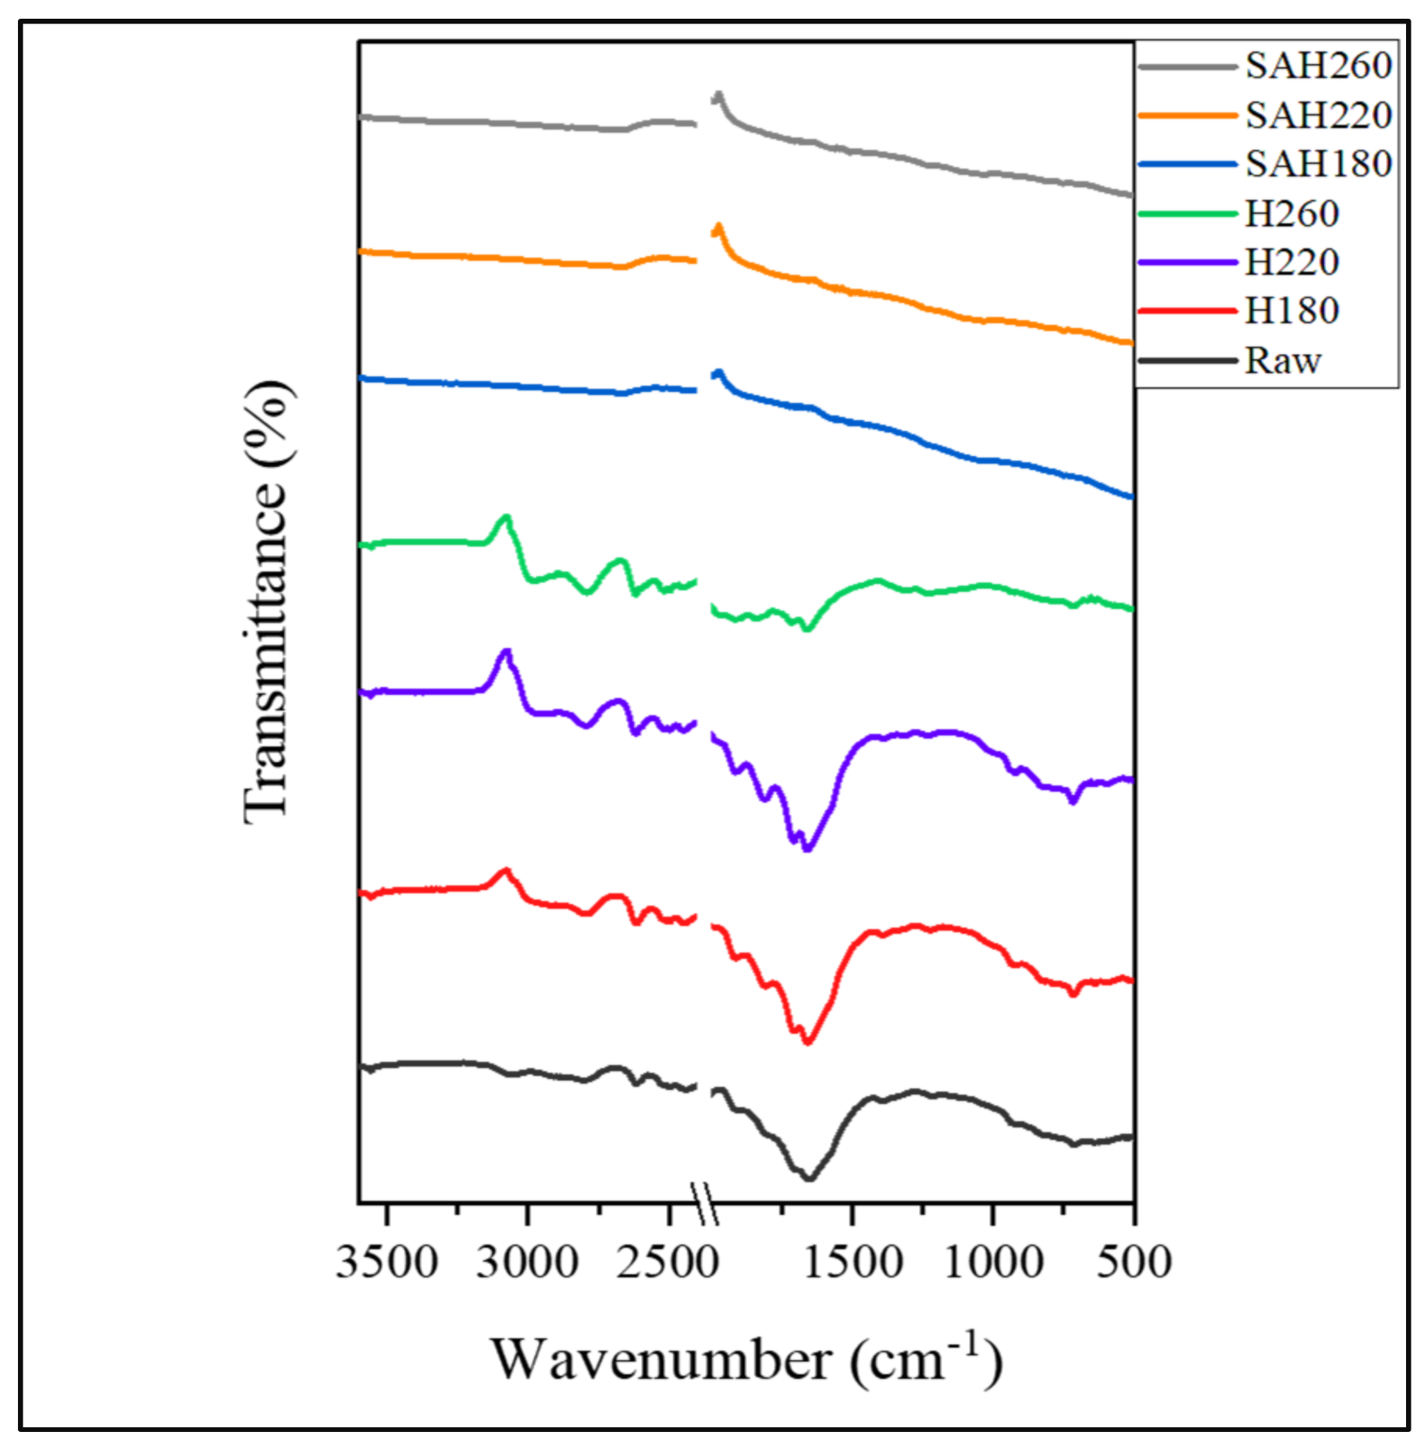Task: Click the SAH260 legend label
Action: click(x=1318, y=66)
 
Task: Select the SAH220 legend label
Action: click(x=1318, y=116)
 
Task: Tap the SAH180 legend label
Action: click(x=1318, y=164)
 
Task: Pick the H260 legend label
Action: click(x=1291, y=214)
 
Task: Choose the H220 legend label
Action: click(x=1291, y=262)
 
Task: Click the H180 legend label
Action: click(x=1291, y=311)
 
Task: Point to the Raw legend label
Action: click(x=1282, y=361)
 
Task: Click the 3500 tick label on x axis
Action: click(x=386, y=1263)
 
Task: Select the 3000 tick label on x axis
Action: click(x=528, y=1263)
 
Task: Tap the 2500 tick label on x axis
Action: click(x=667, y=1263)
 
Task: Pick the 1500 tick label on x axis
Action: click(x=853, y=1263)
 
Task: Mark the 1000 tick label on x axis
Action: click(x=993, y=1263)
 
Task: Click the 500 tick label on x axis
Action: click(x=1134, y=1263)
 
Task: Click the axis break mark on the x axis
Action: click(x=705, y=1203)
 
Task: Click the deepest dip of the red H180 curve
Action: click(x=808, y=1042)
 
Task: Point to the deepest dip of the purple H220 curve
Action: click(x=808, y=849)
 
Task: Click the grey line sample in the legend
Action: click(x=1187, y=67)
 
